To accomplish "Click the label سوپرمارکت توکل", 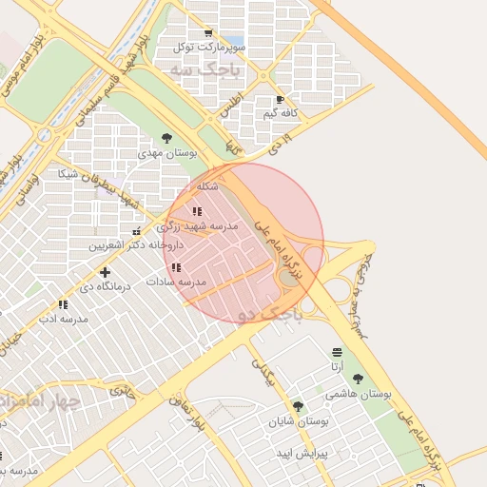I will coord(210,46).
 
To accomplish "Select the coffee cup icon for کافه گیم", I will coord(279,100).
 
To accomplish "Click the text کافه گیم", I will coord(282,114).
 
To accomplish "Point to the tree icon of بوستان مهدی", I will coord(167,138).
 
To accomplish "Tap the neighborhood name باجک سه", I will coord(193,70).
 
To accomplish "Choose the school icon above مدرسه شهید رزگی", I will coord(196,211).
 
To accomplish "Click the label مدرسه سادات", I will coord(176,282).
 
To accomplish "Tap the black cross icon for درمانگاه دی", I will coord(105,272).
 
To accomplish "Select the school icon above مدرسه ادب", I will coord(63,304).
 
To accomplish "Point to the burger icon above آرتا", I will coord(337,353).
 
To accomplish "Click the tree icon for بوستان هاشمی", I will coord(358,379).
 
